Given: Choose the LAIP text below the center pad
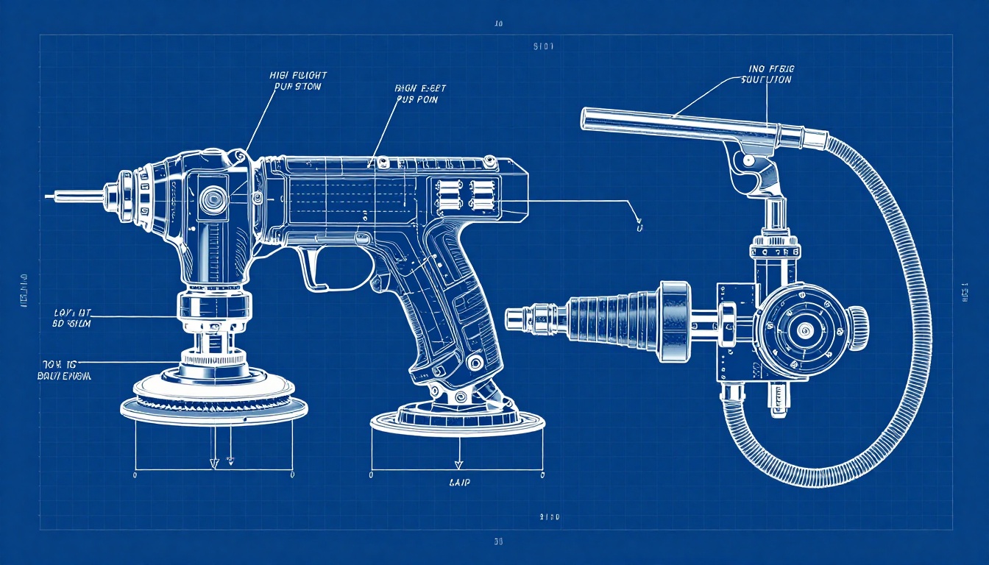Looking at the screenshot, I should pos(459,483).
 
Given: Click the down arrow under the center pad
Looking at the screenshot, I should pos(458,463).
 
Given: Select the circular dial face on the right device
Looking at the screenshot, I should pos(802,327).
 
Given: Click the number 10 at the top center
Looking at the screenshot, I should pos(498,24).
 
